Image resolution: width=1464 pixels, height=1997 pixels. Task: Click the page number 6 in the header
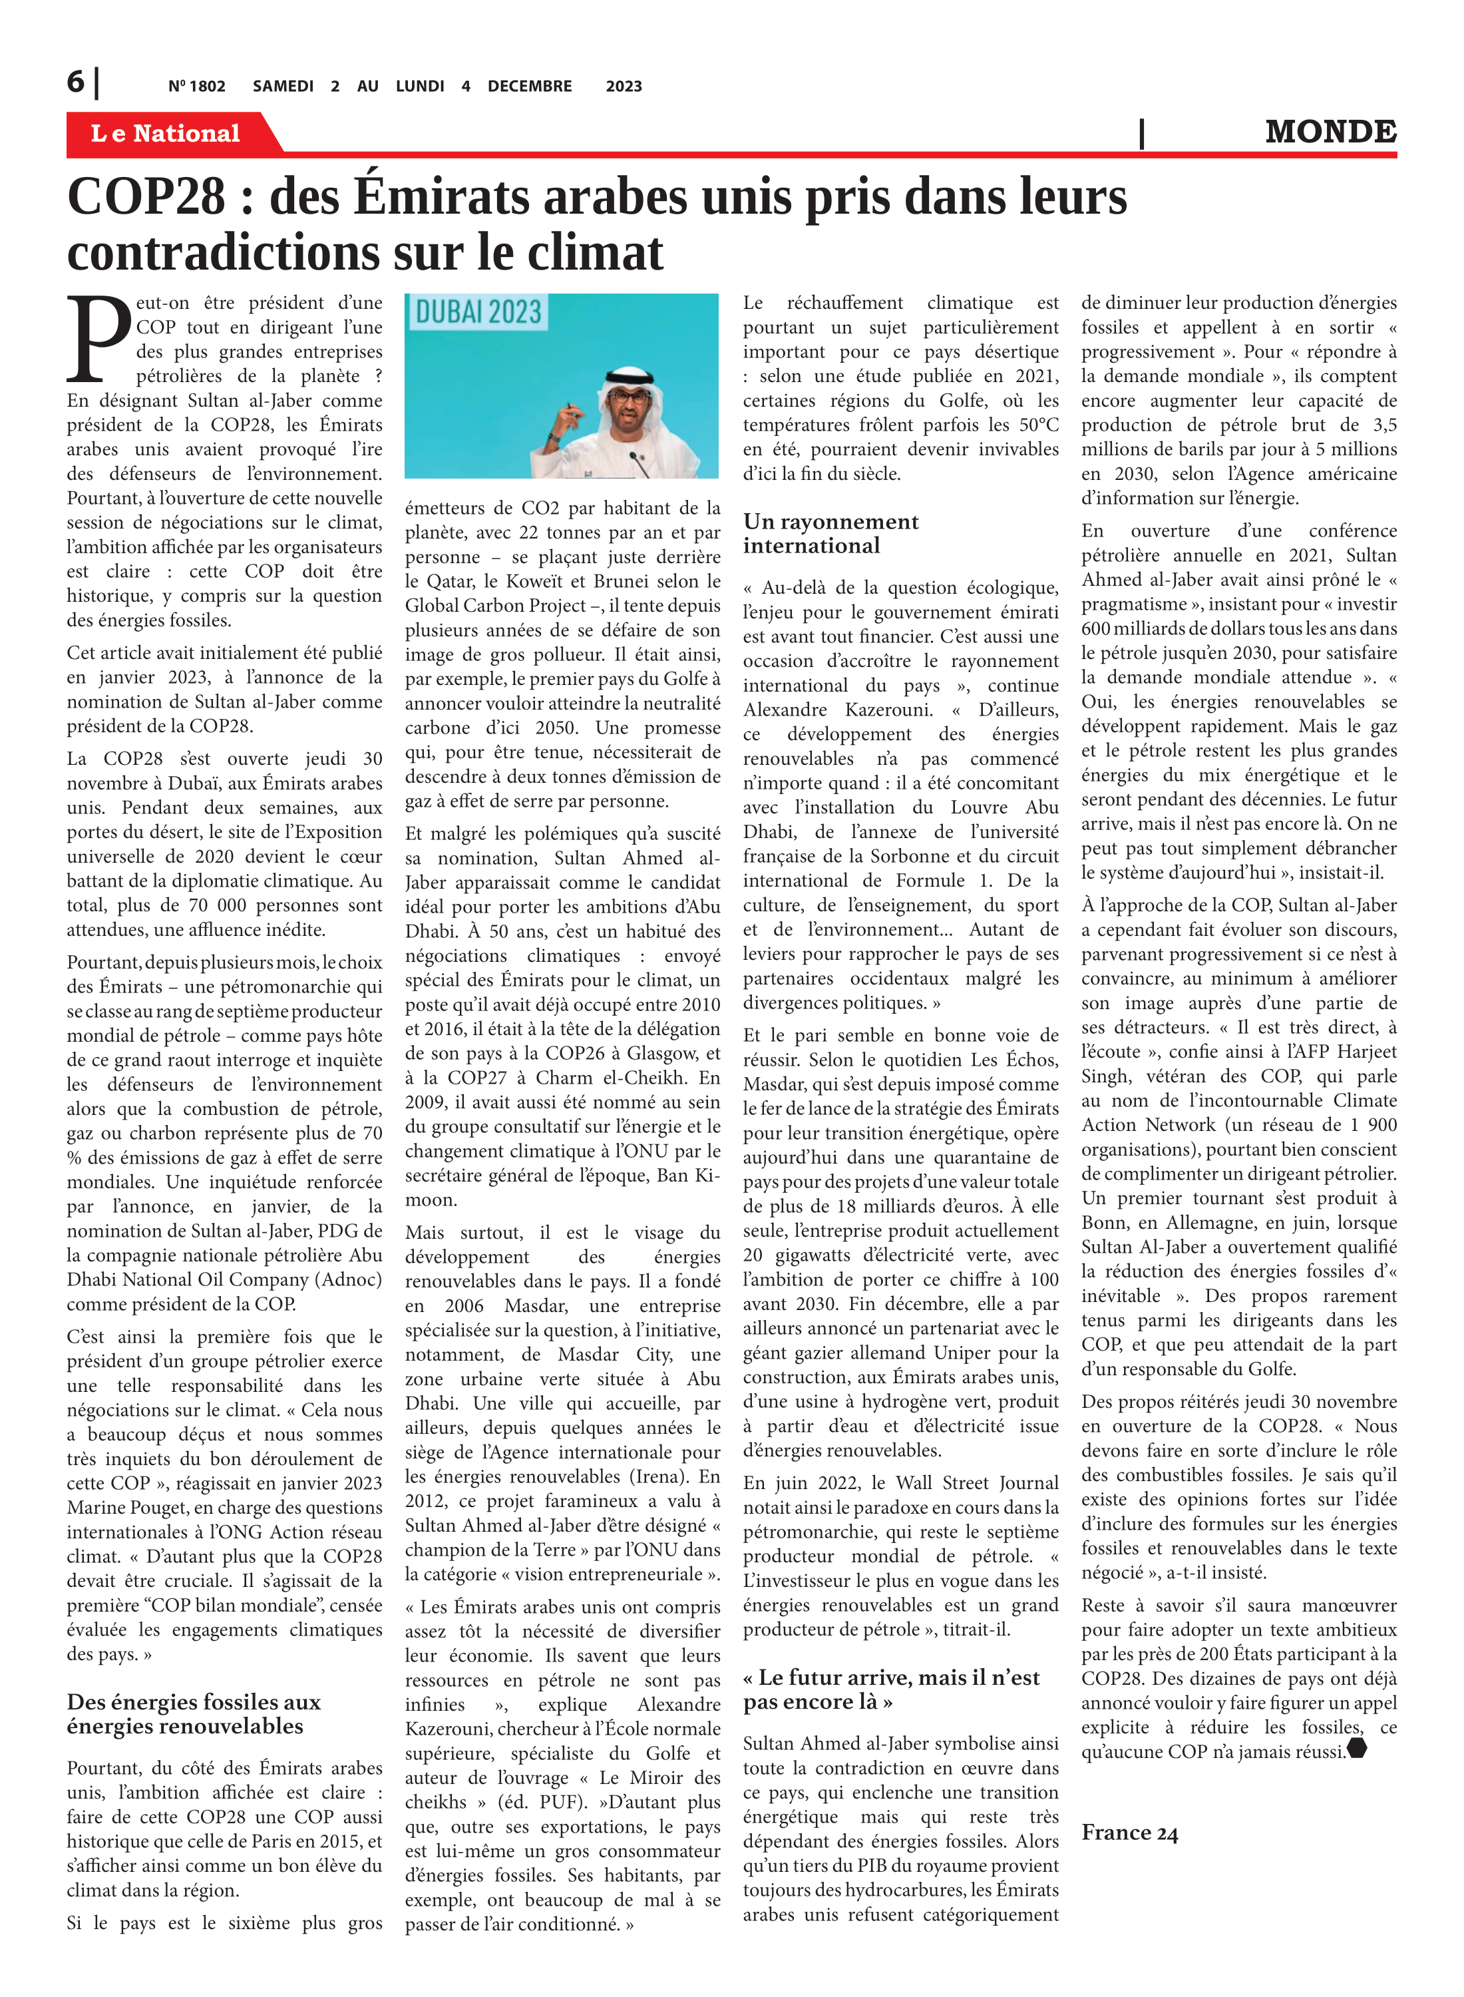[x=75, y=82]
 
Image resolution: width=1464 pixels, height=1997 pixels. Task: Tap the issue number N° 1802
[x=197, y=86]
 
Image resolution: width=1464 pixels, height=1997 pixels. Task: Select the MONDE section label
[x=1330, y=131]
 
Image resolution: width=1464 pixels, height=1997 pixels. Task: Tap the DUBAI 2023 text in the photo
[x=478, y=312]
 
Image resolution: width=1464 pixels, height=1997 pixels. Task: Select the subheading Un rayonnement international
[x=830, y=534]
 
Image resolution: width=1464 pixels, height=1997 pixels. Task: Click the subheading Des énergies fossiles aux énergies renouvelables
[x=193, y=1713]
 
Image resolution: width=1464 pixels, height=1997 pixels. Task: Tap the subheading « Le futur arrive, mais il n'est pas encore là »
[x=890, y=1689]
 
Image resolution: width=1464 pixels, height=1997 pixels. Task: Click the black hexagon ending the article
[x=1356, y=1749]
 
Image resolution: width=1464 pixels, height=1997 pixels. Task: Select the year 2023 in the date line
[x=624, y=86]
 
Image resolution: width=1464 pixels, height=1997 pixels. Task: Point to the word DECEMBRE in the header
[x=529, y=86]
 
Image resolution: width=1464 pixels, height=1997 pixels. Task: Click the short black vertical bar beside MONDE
[x=1141, y=133]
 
